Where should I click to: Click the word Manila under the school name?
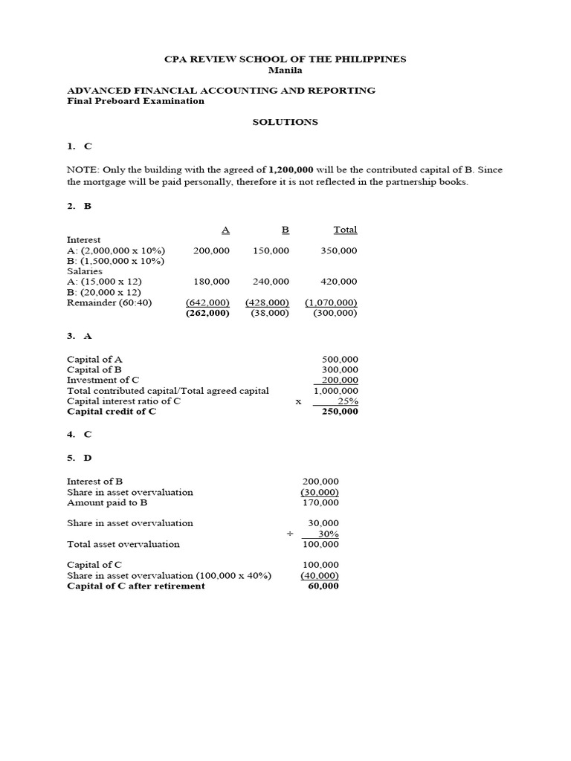pos(285,70)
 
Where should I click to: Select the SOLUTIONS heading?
pos(285,122)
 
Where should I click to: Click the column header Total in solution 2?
pos(345,230)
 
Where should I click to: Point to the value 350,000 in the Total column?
pos(338,251)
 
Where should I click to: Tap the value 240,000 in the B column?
pos(271,282)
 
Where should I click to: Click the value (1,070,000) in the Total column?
pos(331,303)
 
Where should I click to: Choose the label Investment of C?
pos(103,380)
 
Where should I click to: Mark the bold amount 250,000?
pos(340,412)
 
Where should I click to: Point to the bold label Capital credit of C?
pos(112,412)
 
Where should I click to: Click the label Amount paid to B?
pos(107,502)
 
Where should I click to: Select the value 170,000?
pos(320,502)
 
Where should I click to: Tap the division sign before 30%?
pos(291,534)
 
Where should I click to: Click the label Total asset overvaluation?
pos(123,544)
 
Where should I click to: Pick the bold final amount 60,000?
pos(323,586)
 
